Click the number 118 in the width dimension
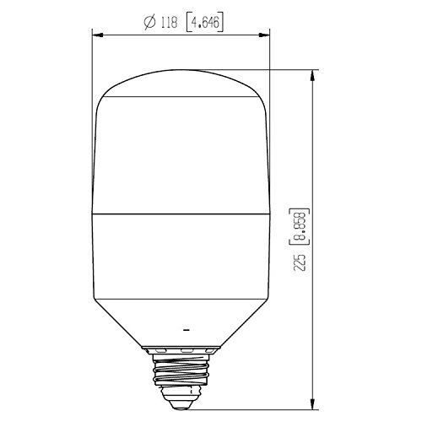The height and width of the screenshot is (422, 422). click(169, 23)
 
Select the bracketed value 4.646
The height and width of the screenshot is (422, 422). click(205, 23)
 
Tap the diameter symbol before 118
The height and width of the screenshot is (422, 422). click(149, 23)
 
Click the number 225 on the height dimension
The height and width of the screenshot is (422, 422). click(300, 262)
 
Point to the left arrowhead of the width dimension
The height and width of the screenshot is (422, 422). click(97, 35)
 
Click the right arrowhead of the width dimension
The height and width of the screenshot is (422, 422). click(264, 35)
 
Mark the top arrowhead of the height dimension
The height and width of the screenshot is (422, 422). click(312, 75)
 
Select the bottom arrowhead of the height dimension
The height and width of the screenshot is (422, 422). click(312, 404)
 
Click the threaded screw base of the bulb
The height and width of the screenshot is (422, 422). click(181, 370)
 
